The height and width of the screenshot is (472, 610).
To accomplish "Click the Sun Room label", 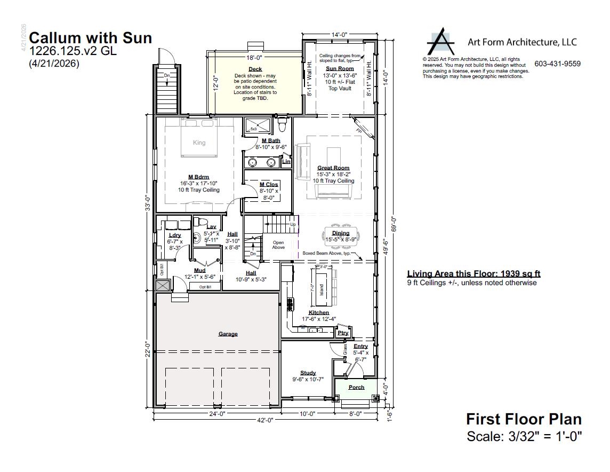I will coord(340,69).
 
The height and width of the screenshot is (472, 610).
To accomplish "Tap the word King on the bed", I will coord(199,143).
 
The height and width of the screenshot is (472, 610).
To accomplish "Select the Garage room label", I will coord(228,334).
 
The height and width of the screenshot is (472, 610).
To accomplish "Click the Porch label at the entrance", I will coord(356,388).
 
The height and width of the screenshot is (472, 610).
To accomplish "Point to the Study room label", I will coord(308,373).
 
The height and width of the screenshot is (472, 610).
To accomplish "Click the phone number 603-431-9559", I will coord(557,64).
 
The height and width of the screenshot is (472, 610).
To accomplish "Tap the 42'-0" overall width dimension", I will coord(265,420).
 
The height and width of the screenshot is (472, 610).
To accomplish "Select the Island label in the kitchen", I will coord(322,289).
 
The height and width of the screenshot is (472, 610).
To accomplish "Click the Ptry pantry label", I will coord(343,333).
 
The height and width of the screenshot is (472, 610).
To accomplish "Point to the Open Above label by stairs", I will coord(278,245).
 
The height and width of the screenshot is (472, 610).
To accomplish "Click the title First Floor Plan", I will coord(524,419).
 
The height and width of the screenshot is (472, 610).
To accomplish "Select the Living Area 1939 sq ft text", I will coord(473,274).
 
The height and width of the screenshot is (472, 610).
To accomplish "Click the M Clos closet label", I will coord(269,185).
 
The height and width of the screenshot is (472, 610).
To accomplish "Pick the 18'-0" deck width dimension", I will coord(254,57).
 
